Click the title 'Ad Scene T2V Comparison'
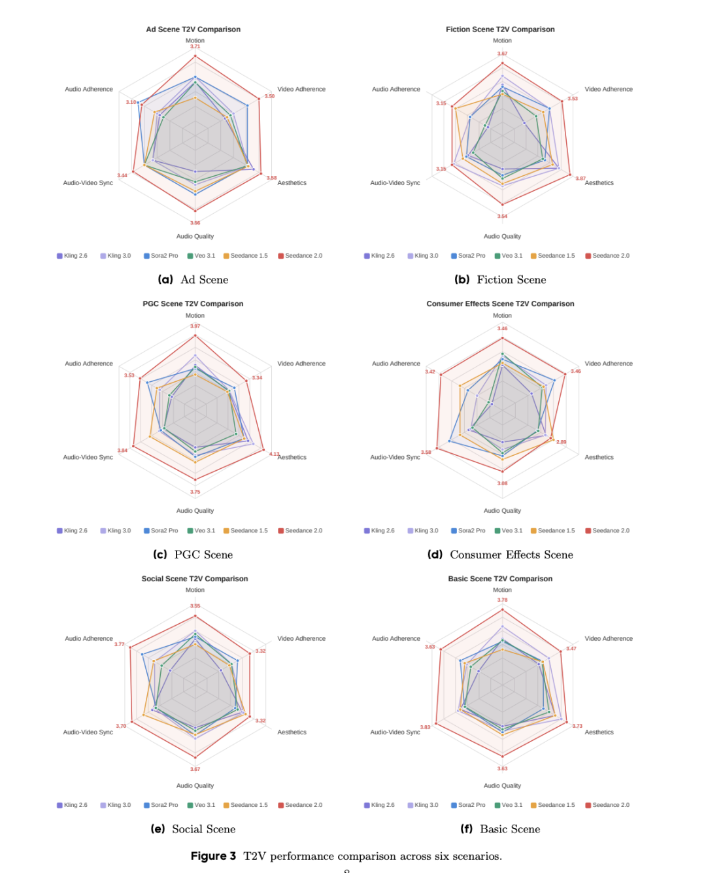pos(193,29)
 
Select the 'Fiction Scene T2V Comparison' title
pos(500,29)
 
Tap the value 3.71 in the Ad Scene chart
pos(195,46)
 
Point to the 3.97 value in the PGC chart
pos(195,326)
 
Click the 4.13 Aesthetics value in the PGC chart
pos(274,454)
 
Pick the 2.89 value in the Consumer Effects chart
pos(561,442)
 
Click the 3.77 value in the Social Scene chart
pos(119,644)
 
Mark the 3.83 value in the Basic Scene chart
pos(425,727)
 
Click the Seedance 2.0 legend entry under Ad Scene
pos(300,256)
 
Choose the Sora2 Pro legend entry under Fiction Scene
pos(468,256)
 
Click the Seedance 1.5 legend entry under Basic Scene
pos(552,805)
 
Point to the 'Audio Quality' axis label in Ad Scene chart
pos(195,236)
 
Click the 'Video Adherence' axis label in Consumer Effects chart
pos(608,364)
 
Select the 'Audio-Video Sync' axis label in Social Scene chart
pos(88,732)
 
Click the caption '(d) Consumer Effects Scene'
pos(500,555)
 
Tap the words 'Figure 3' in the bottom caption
pos(213,856)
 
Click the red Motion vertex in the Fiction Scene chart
pos(502,63)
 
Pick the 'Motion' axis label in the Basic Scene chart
pos(502,590)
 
